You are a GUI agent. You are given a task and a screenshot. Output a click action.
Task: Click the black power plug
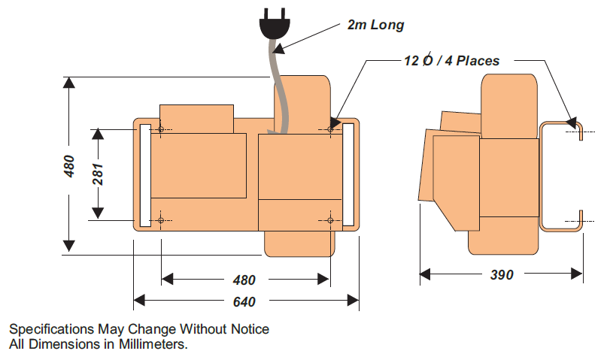tap(274, 24)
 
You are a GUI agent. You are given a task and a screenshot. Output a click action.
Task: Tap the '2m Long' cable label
tap(375, 25)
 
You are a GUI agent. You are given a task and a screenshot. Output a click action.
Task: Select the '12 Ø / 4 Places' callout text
tap(451, 60)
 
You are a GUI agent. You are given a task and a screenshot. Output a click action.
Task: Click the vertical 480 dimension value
tap(69, 166)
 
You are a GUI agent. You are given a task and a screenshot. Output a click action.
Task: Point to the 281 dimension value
tap(99, 174)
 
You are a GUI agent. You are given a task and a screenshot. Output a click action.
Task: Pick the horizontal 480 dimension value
tap(244, 280)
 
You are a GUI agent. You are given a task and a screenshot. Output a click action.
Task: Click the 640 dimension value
tap(244, 301)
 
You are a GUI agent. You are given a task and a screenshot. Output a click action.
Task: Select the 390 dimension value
tap(502, 274)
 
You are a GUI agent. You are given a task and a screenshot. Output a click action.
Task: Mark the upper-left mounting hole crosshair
tap(161, 129)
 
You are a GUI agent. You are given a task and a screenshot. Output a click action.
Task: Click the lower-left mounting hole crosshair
tap(161, 220)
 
